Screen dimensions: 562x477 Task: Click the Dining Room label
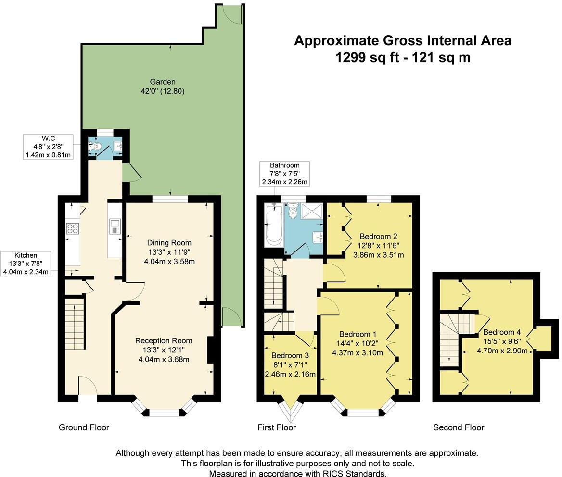click(169, 243)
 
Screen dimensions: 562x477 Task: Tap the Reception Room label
click(164, 340)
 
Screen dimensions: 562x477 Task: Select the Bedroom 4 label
click(502, 332)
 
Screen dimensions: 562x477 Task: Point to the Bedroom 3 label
click(290, 356)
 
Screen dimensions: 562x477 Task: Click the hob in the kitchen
click(72, 228)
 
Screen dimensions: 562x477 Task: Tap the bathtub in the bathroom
click(274, 225)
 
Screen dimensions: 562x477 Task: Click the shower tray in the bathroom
click(311, 211)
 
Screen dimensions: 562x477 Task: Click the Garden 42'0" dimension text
click(162, 91)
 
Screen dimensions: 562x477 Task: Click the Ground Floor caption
click(84, 427)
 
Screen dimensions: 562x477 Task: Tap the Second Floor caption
click(459, 427)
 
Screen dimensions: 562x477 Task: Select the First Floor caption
click(277, 427)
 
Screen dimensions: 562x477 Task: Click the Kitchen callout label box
click(26, 264)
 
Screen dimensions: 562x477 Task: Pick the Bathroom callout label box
click(284, 173)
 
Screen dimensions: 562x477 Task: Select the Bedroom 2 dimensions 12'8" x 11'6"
click(379, 246)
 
